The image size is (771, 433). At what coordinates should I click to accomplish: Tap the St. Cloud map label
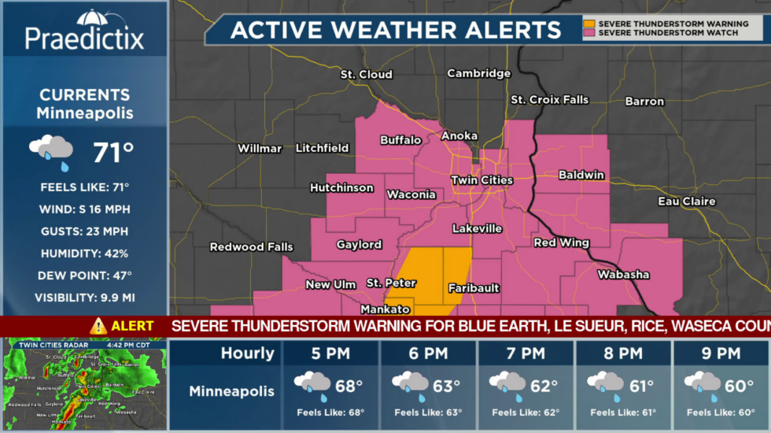pos(366,75)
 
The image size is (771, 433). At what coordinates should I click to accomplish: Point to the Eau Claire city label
pos(687,202)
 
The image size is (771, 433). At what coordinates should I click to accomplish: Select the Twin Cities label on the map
pos(481,180)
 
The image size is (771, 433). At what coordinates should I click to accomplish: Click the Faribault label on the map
pos(474,288)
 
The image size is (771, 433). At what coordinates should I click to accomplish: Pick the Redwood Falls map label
pos(251,247)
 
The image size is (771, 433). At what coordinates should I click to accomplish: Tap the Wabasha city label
pos(623,275)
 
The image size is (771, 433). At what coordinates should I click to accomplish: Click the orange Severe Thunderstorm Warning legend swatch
pos(589,24)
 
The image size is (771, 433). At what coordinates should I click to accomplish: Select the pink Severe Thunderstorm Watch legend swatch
pos(589,33)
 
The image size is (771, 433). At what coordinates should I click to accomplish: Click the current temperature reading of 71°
pos(113,152)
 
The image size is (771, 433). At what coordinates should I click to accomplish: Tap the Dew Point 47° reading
pos(85,276)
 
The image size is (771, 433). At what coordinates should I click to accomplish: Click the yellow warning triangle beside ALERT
pos(98,326)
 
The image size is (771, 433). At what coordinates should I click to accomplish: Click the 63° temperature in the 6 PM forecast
pos(445,387)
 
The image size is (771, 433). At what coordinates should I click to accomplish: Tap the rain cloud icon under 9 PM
pos(702,384)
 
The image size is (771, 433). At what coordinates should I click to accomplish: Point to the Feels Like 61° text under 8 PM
pos(622,413)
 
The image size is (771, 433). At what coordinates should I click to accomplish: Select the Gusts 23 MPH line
pos(85,231)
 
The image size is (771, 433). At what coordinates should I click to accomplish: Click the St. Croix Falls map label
pos(549,100)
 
